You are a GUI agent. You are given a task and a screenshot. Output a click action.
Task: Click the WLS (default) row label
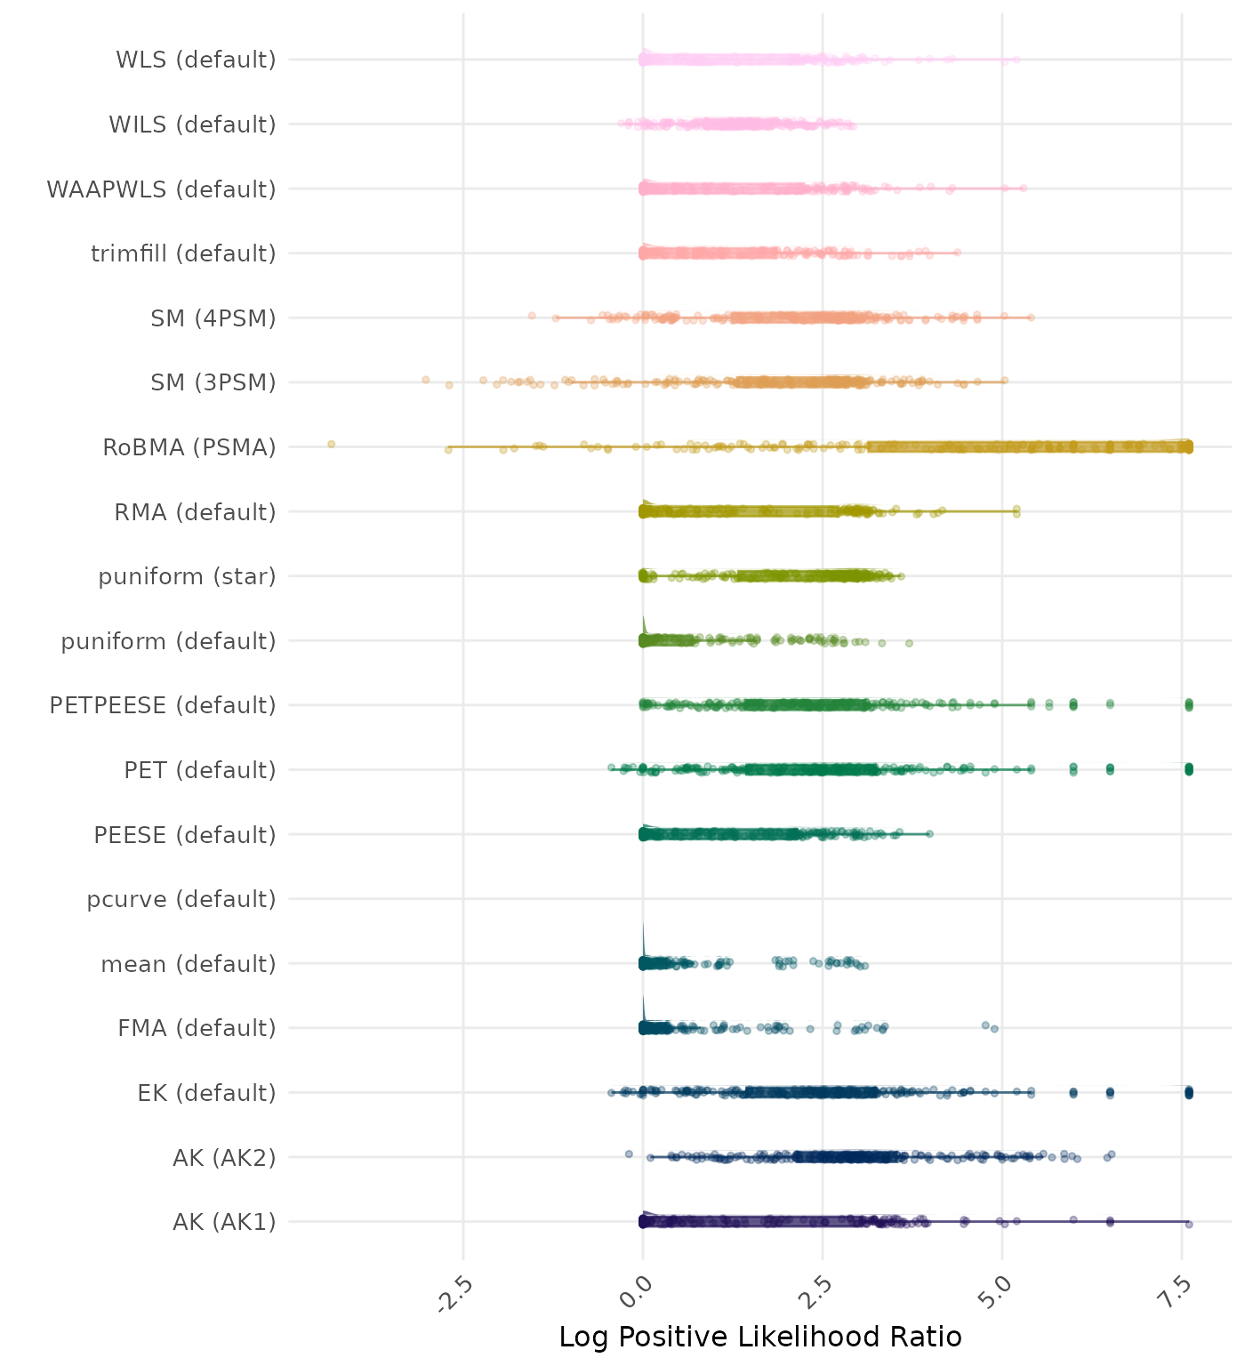tap(196, 60)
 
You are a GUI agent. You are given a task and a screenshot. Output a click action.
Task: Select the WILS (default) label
tap(192, 125)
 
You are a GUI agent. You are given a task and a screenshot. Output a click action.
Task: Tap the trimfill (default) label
tap(183, 253)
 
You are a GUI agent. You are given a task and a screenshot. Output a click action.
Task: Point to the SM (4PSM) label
tap(213, 318)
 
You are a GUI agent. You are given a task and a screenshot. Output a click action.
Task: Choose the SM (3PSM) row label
tap(213, 382)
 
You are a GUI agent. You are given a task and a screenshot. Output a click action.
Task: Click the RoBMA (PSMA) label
tap(189, 447)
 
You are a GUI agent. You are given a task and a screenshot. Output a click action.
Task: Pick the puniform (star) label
tap(187, 576)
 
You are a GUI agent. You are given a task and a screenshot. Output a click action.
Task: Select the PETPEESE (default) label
tap(163, 705)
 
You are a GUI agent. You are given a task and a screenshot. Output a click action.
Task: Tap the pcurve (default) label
tap(181, 899)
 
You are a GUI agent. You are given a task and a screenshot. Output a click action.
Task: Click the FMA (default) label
tap(197, 1028)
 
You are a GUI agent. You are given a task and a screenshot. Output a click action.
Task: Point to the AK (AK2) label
tap(224, 1158)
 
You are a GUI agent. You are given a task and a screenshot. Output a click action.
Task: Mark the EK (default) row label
tap(206, 1093)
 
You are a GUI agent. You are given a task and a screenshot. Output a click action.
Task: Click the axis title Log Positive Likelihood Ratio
tap(760, 1337)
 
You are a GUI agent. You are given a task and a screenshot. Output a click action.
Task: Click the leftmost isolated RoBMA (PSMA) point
tap(331, 444)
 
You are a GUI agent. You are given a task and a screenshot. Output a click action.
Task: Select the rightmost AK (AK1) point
tap(1189, 1225)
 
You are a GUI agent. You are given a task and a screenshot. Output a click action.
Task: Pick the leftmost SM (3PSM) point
tap(425, 380)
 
